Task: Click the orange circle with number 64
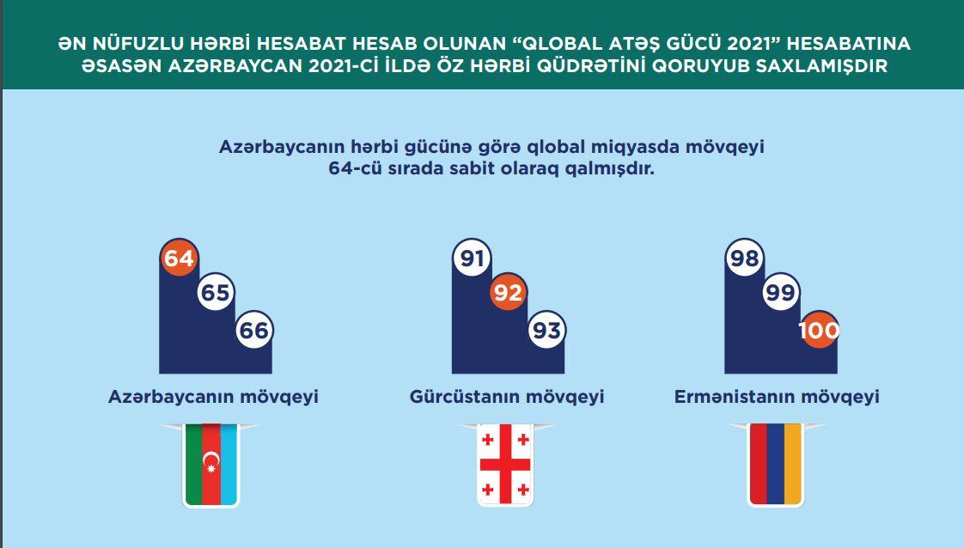click(x=179, y=258)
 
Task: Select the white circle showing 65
click(x=216, y=292)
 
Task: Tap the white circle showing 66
click(x=254, y=330)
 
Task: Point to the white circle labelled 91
click(x=472, y=258)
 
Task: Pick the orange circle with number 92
click(x=508, y=292)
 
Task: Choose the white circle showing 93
click(x=546, y=330)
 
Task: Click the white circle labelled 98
click(x=745, y=258)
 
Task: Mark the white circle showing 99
click(x=781, y=292)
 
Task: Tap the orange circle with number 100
click(x=819, y=330)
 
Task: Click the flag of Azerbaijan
click(x=210, y=465)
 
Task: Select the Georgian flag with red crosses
click(x=504, y=465)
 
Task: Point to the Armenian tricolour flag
click(x=776, y=465)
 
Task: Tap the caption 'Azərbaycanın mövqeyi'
click(x=213, y=397)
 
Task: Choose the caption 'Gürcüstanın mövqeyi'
click(x=507, y=397)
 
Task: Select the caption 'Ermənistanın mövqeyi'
click(x=777, y=397)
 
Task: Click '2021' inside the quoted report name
click(x=748, y=44)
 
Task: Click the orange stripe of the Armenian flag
click(x=793, y=465)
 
